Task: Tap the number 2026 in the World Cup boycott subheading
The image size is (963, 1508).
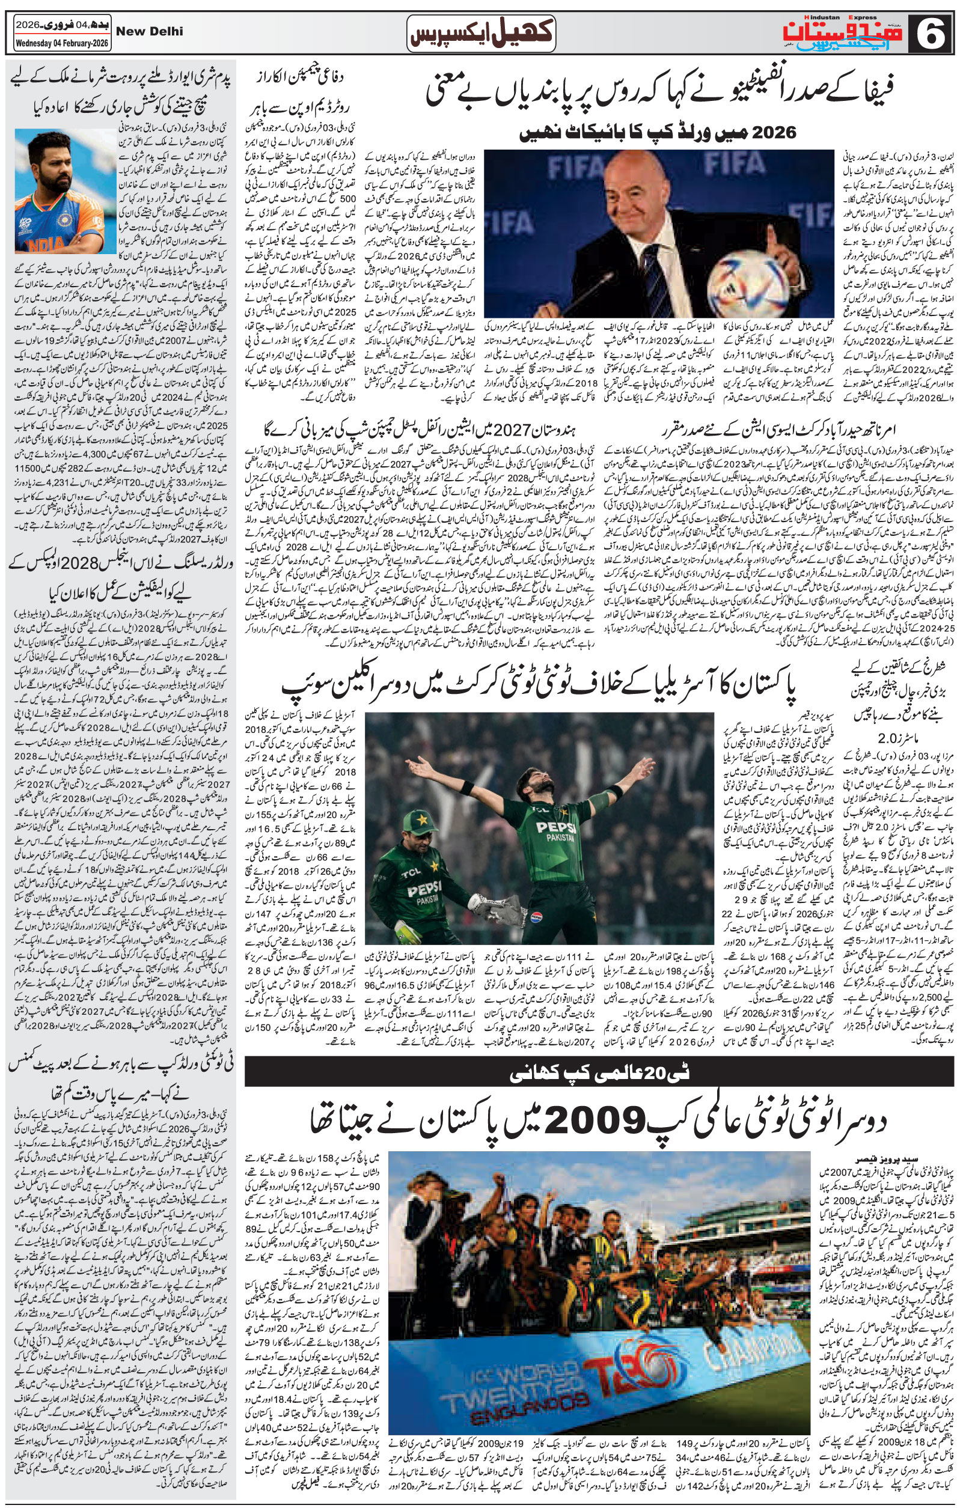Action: pyautogui.click(x=774, y=132)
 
